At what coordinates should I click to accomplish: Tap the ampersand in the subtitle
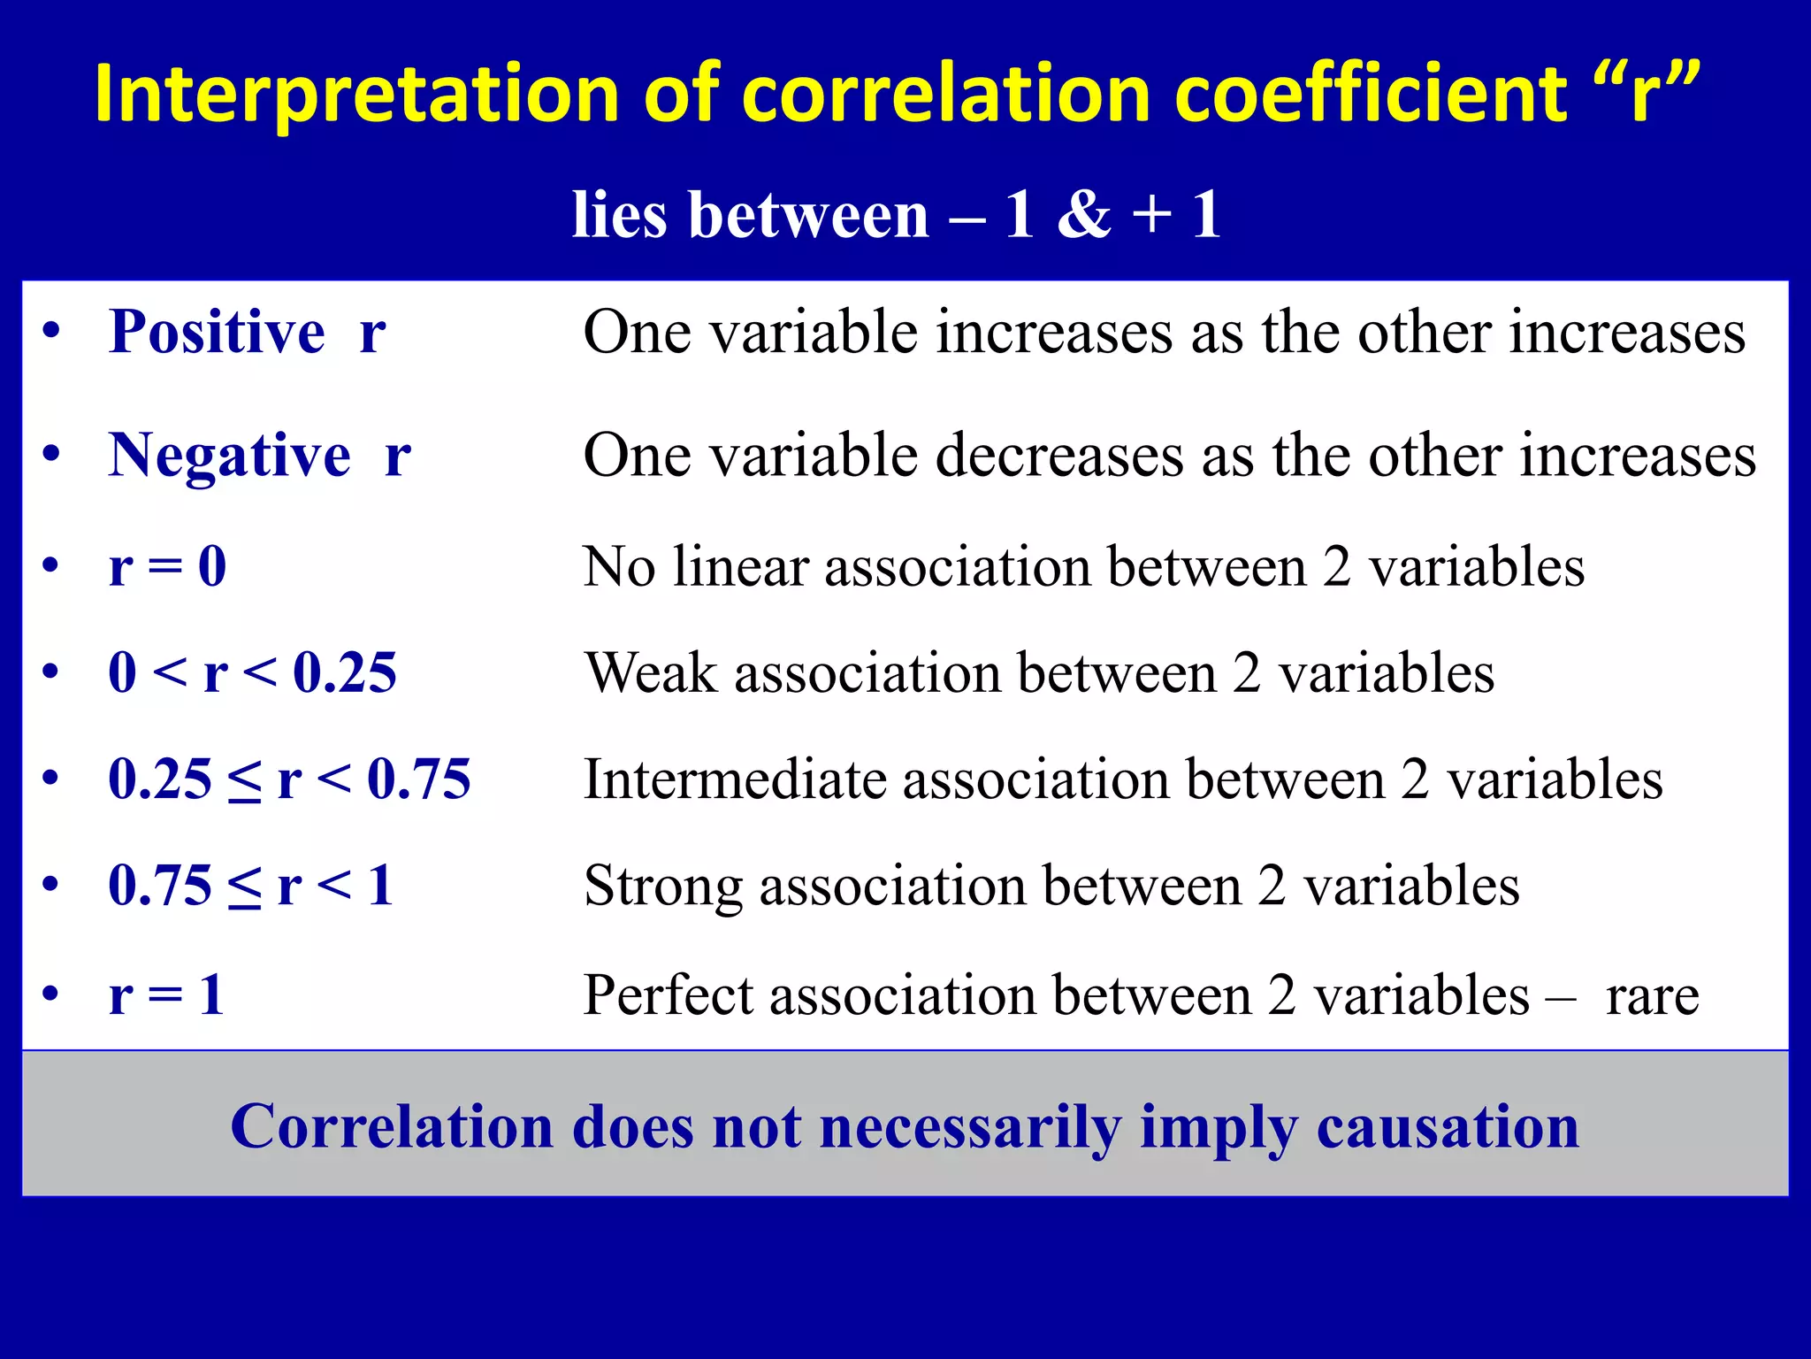pyautogui.click(x=1083, y=215)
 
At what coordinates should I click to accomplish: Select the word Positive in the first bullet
pyautogui.click(x=217, y=332)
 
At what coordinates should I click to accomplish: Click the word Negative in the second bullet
pyautogui.click(x=229, y=456)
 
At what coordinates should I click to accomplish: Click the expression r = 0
pyautogui.click(x=167, y=566)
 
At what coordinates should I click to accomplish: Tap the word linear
pyautogui.click(x=740, y=566)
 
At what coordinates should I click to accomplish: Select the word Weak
pyautogui.click(x=651, y=673)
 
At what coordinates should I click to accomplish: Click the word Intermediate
pyautogui.click(x=735, y=779)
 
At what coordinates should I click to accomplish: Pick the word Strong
pyautogui.click(x=663, y=886)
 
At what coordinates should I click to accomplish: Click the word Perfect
pyautogui.click(x=668, y=995)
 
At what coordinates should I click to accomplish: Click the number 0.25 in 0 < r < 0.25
pyautogui.click(x=345, y=673)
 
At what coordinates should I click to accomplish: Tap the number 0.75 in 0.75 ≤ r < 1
pyautogui.click(x=160, y=886)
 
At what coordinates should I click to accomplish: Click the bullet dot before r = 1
pyautogui.click(x=51, y=994)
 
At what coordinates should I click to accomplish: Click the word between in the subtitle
pyautogui.click(x=809, y=215)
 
